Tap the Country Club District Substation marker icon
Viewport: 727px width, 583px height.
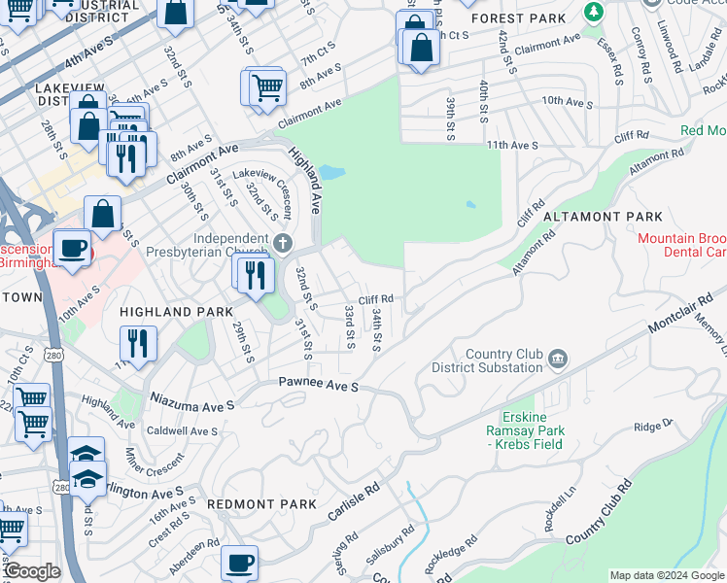pyautogui.click(x=559, y=360)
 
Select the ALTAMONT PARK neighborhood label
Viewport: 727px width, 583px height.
pyautogui.click(x=603, y=217)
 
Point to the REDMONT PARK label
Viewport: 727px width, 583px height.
pyautogui.click(x=261, y=504)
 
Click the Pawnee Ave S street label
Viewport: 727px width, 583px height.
pyautogui.click(x=319, y=387)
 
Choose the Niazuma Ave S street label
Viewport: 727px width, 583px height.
pyautogui.click(x=191, y=400)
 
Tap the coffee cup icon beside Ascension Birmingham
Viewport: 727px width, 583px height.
pyautogui.click(x=72, y=248)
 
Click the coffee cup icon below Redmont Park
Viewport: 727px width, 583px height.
pyautogui.click(x=239, y=563)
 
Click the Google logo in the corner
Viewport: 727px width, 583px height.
pyautogui.click(x=31, y=571)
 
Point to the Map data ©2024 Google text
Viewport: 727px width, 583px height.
pyautogui.click(x=666, y=575)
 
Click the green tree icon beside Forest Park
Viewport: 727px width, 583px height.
pyautogui.click(x=593, y=11)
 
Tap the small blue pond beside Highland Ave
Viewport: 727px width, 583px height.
pyautogui.click(x=331, y=173)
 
